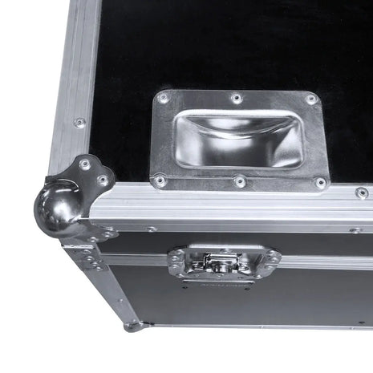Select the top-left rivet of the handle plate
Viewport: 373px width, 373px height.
(164, 98)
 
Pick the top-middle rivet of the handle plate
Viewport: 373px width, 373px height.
(236, 98)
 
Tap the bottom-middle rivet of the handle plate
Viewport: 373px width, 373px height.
(240, 182)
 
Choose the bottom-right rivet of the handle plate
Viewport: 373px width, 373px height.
(321, 183)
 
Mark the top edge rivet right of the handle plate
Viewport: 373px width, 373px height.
(362, 193)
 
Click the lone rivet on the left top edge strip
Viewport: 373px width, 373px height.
(79, 123)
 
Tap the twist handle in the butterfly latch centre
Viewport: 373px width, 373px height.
(215, 262)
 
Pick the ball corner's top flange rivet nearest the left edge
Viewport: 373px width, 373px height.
(85, 164)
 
